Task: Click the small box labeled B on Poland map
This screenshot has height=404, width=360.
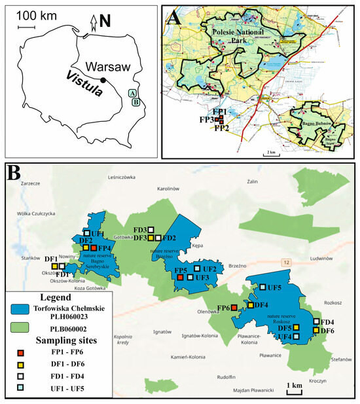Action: click(x=135, y=102)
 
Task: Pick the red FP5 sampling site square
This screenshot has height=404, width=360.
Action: click(x=180, y=278)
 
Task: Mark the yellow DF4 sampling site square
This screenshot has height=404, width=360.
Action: click(x=250, y=305)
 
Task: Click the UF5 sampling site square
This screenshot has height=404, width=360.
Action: click(x=262, y=287)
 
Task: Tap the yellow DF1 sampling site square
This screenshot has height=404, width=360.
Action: click(x=54, y=266)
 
